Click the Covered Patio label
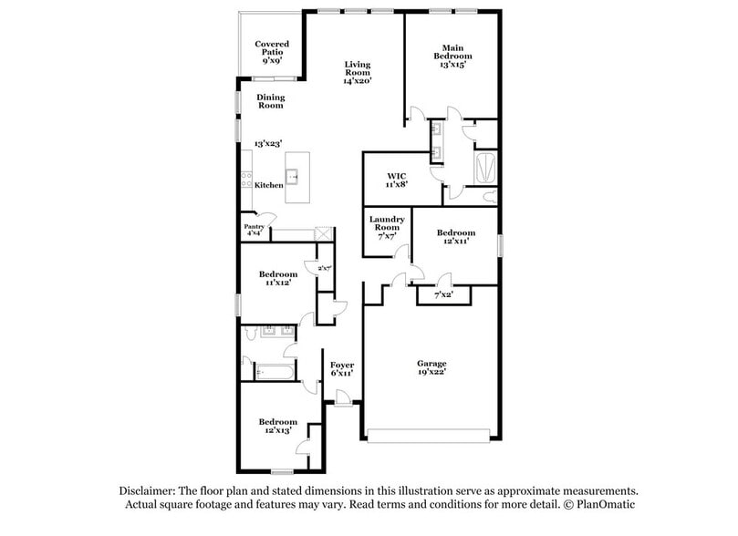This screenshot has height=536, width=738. coord(272,52)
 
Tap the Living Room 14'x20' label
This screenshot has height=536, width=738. coord(357,72)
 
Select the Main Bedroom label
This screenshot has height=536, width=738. coord(452,57)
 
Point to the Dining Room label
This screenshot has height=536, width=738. coord(269,101)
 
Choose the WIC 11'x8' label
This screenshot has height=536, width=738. coord(397,179)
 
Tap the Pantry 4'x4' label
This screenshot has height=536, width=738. coord(254,231)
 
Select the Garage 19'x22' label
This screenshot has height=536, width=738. coord(431,367)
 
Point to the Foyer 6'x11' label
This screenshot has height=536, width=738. coord(341,369)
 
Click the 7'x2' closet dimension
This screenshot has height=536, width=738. coord(442,295)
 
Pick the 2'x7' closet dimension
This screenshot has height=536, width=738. coord(323,268)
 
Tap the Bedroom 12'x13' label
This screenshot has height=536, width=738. coord(277,426)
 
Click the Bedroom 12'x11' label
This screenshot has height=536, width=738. coord(456,237)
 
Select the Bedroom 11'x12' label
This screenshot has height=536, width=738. coord(277,279)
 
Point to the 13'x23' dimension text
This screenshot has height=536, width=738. coord(269,145)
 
